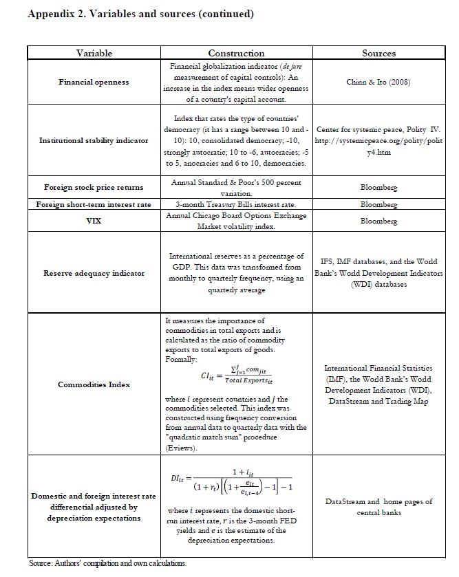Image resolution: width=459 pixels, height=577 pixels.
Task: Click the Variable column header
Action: click(94, 53)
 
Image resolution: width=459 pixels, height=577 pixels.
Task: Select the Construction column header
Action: click(236, 53)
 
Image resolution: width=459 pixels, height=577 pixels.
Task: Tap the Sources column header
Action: click(378, 53)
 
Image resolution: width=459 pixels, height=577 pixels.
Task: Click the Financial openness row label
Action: click(94, 83)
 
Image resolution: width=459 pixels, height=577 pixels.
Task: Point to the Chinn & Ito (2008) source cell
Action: click(378, 83)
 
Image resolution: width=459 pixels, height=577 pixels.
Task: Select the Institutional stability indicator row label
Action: click(94, 140)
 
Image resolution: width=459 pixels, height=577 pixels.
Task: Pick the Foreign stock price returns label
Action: click(94, 187)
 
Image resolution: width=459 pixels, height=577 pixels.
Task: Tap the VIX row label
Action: click(94, 221)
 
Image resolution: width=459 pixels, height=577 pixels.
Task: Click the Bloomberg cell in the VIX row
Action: click(378, 221)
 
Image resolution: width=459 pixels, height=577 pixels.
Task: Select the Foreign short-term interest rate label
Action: click(94, 204)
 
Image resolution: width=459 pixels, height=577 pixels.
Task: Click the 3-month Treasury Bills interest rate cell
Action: click(236, 204)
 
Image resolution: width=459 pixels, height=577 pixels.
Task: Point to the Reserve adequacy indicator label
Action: click(94, 273)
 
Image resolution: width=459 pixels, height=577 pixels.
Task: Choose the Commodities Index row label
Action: click(94, 384)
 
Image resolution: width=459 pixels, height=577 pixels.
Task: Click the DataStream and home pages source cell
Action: click(378, 507)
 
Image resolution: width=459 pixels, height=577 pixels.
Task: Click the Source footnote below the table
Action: click(107, 563)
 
